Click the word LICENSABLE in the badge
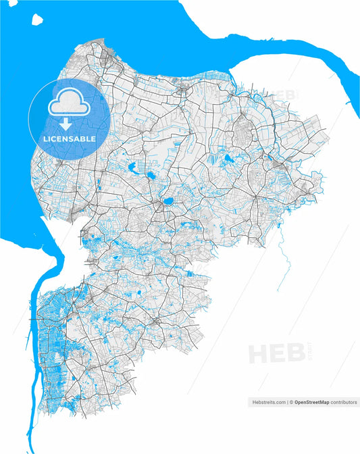(x=69, y=138)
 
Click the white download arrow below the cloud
(x=66, y=124)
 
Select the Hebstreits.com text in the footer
(x=268, y=402)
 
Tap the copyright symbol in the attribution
(x=292, y=402)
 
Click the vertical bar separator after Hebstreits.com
(x=287, y=402)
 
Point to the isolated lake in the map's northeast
(x=229, y=159)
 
